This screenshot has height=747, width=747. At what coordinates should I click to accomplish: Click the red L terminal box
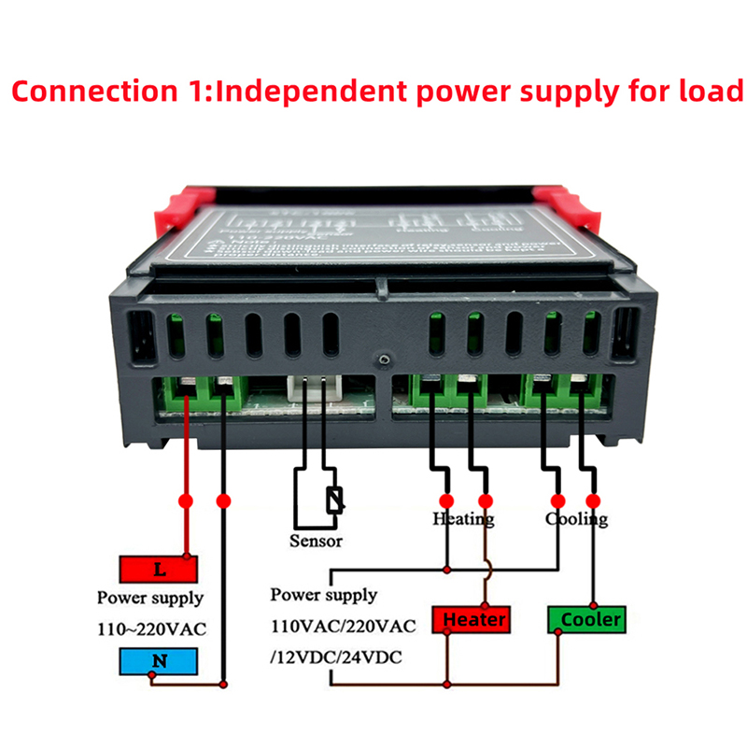[159, 568]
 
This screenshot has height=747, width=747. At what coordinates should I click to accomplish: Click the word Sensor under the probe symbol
[316, 541]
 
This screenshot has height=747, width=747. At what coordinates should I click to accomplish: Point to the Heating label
[463, 518]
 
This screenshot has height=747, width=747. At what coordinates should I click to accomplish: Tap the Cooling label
[576, 518]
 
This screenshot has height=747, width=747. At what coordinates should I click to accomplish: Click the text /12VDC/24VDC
[335, 657]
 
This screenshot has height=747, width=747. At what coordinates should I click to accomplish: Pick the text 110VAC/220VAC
[343, 626]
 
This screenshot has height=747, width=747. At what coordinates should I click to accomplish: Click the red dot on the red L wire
[187, 500]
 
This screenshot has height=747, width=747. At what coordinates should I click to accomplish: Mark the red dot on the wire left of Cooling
[557, 500]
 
